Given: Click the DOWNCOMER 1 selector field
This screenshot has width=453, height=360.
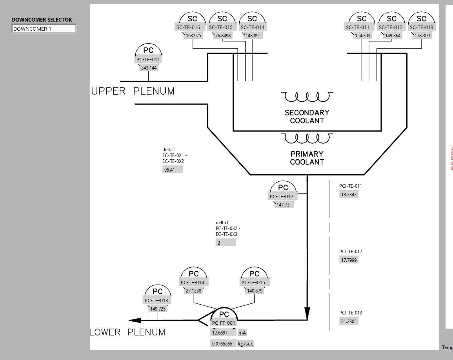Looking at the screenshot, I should (x=44, y=29).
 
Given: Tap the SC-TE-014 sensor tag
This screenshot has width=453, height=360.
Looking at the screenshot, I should (x=252, y=27).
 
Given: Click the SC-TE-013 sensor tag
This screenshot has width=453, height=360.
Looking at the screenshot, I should (x=422, y=27).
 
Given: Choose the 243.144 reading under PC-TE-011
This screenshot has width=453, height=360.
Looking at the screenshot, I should (x=149, y=68).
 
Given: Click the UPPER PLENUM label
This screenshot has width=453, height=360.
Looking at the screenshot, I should (x=133, y=91).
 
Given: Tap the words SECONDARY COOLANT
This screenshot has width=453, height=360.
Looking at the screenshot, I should (x=307, y=117).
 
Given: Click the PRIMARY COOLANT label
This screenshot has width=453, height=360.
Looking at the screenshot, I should (x=307, y=158).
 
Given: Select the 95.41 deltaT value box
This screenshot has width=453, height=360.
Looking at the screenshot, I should (x=173, y=170).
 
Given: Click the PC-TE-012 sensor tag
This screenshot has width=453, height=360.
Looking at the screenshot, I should (x=281, y=196).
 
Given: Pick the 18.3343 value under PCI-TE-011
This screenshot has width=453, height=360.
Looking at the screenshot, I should (x=349, y=194).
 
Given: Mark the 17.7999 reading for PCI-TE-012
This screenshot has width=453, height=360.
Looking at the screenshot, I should (x=349, y=260).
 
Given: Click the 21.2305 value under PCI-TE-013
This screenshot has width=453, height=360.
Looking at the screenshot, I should (x=349, y=321).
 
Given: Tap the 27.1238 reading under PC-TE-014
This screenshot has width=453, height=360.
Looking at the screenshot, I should (x=194, y=291).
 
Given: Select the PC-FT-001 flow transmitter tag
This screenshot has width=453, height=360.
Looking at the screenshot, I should (x=224, y=323).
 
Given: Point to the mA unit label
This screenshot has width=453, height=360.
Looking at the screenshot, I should (x=242, y=333).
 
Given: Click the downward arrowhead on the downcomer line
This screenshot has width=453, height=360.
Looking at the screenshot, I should (x=307, y=313).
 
